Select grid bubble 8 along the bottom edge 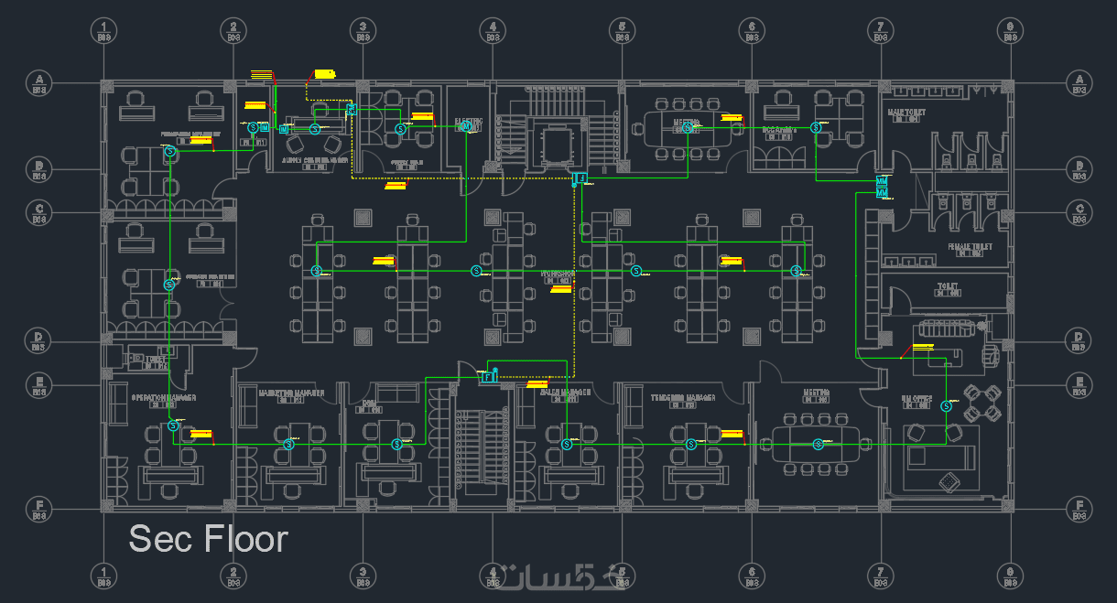[1010, 575]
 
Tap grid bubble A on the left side [39, 81]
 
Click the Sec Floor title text [209, 539]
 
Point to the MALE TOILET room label [907, 113]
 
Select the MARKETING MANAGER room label [291, 393]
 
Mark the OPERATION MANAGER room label [164, 398]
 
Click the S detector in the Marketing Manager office [288, 445]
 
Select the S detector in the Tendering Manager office [692, 445]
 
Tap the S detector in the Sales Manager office [566, 445]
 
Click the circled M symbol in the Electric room [466, 127]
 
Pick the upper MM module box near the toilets [882, 180]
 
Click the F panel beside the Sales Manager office [489, 376]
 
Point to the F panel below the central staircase [579, 177]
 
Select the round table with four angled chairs [982, 403]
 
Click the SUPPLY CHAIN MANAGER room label [314, 158]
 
